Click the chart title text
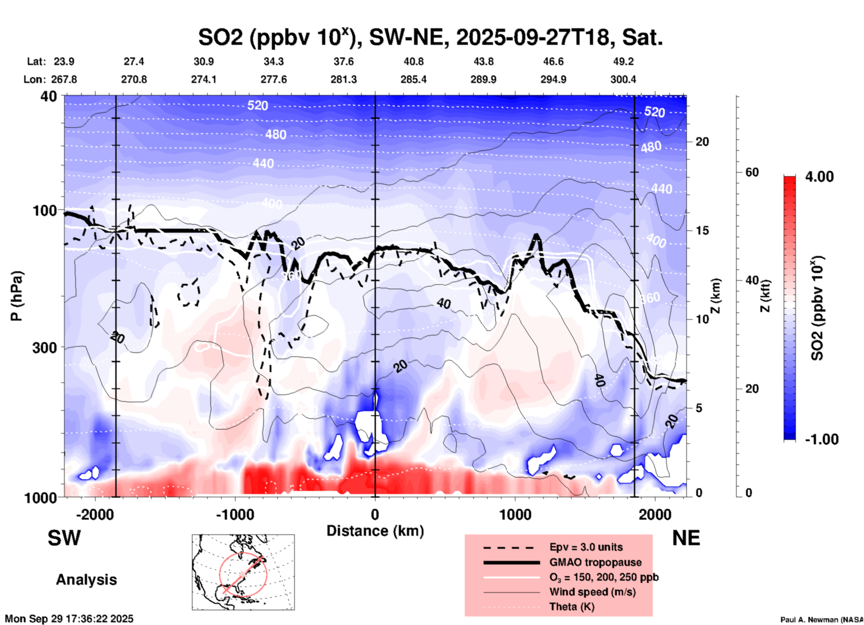(430, 38)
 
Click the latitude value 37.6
(344, 61)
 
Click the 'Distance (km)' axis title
(375, 531)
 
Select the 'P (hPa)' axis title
(17, 296)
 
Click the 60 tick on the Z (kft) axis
(752, 172)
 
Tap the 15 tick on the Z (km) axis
(702, 230)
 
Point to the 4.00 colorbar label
(819, 177)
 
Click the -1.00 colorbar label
(821, 439)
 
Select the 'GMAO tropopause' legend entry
(595, 562)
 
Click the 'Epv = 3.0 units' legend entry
(586, 547)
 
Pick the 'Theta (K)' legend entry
(572, 607)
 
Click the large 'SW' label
(64, 538)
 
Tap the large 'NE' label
(686, 538)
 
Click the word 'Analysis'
(86, 580)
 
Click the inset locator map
(243, 572)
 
